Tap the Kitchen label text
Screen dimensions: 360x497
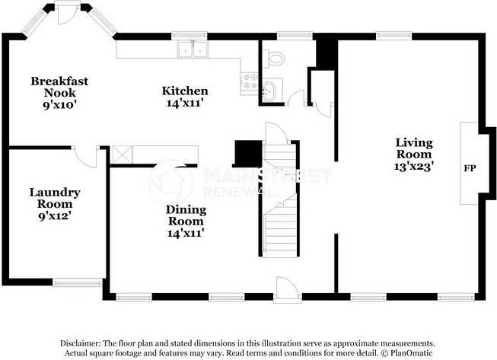pos(185,91)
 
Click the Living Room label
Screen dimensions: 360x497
pos(413,148)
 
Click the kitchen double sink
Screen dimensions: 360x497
pos(193,50)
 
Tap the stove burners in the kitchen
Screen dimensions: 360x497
pos(248,81)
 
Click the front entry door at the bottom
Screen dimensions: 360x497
pos(287,289)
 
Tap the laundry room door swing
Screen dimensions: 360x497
pos(88,156)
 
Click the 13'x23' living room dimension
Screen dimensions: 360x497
pos(413,166)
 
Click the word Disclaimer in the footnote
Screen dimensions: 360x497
pos(81,343)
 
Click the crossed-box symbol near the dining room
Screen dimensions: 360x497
pos(121,155)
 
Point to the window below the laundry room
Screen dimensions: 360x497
pos(78,282)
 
